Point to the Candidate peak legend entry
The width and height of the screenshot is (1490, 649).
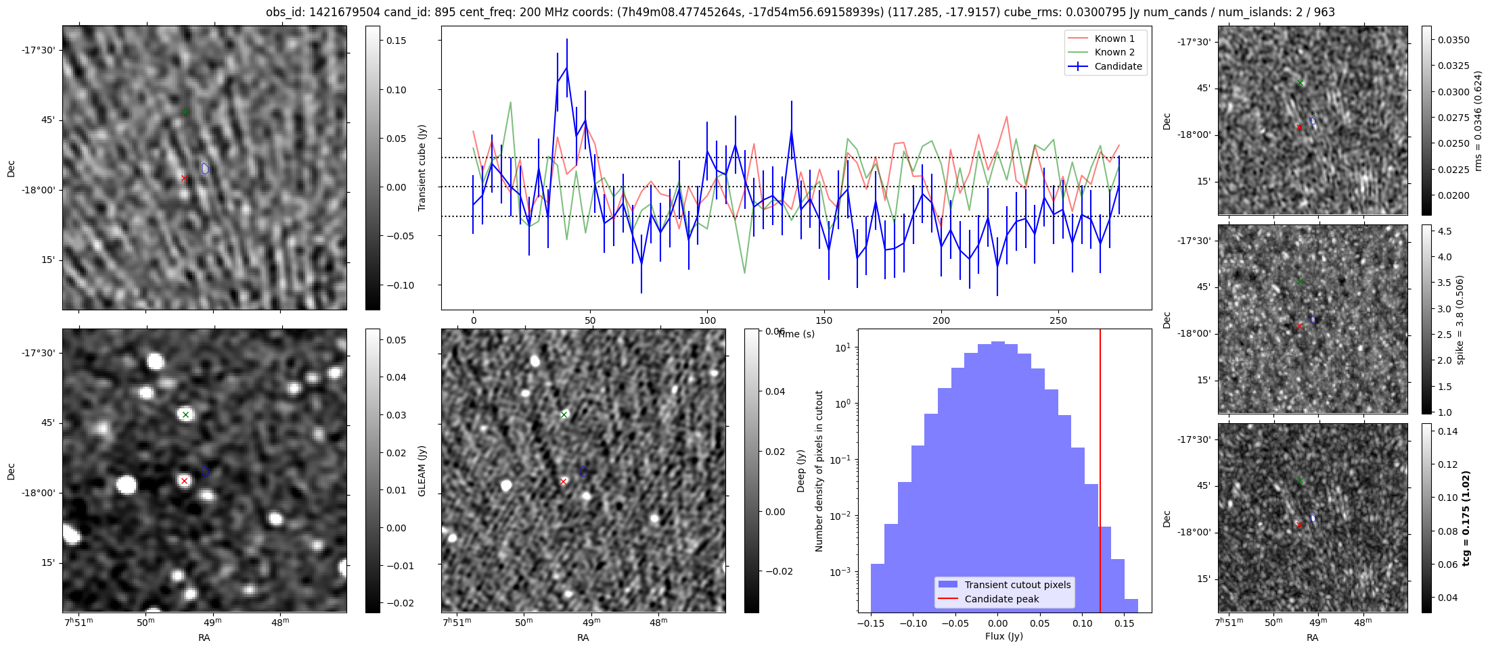point(1001,599)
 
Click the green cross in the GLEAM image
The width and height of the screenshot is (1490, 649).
point(186,414)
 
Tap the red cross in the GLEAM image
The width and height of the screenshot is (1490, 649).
point(184,481)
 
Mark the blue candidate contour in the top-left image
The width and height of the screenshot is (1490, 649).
point(205,168)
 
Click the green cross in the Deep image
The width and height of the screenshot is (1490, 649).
point(564,414)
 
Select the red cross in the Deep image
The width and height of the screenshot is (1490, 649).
point(564,481)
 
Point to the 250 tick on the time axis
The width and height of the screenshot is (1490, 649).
point(1058,320)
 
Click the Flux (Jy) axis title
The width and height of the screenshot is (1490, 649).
point(1004,636)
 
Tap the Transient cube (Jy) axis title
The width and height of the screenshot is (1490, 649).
point(422,168)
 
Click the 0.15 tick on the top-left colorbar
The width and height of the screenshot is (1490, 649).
point(397,41)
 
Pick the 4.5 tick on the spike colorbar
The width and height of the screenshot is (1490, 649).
point(1444,231)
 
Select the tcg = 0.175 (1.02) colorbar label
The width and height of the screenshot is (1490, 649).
point(1466,518)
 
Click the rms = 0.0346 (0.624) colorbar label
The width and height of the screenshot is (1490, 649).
point(1478,120)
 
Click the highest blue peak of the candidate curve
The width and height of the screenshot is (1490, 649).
point(566,67)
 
